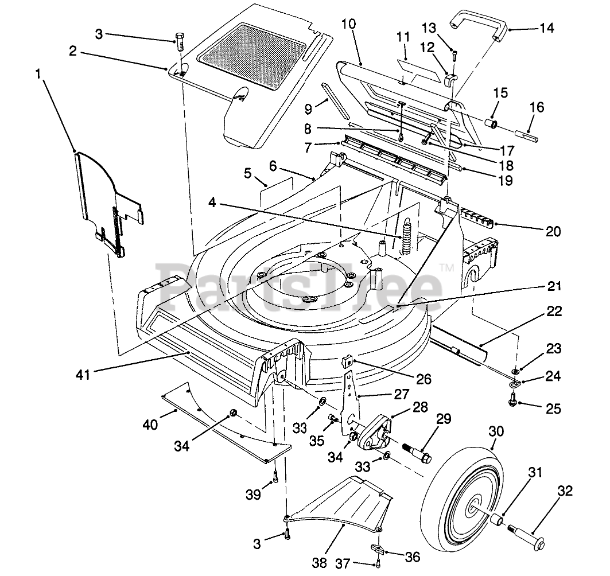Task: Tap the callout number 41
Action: point(83,375)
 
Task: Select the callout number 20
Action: point(553,232)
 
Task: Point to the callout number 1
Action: point(38,73)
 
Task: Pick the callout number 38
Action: point(320,562)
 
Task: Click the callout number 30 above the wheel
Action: point(496,431)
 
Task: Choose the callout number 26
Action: point(423,379)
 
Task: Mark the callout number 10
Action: point(348,24)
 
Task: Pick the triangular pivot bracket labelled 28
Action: point(374,431)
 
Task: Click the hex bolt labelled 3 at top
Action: point(180,42)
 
